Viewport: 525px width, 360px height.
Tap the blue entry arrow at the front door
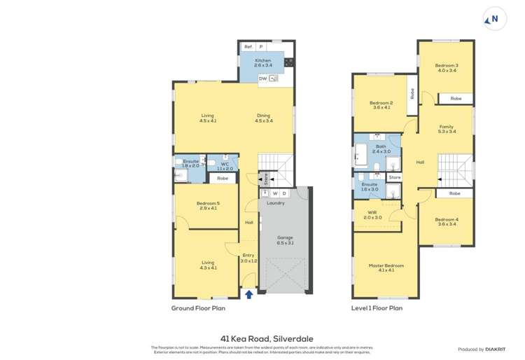point(249,294)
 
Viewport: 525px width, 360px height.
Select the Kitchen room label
point(262,61)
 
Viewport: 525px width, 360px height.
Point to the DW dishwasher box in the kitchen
point(262,79)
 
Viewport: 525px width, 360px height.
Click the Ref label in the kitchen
point(248,46)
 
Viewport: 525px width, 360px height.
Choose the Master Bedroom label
point(386,266)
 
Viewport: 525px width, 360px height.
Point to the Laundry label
point(275,203)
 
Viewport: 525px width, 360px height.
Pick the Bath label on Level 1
point(381,147)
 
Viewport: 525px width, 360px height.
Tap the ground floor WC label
point(225,165)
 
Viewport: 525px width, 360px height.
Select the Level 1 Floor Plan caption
point(377,307)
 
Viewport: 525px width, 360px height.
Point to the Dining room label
point(263,116)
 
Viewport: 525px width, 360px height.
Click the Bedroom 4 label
point(446,220)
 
